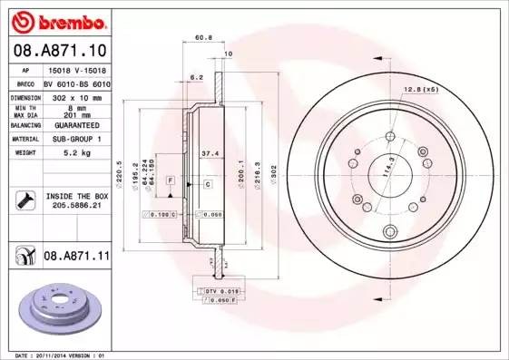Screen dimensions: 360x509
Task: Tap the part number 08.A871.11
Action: (x=77, y=258)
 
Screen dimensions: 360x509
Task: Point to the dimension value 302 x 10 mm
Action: (x=74, y=95)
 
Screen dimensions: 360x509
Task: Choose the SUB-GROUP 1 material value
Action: (x=74, y=140)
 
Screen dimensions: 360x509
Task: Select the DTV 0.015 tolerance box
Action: (x=217, y=291)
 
